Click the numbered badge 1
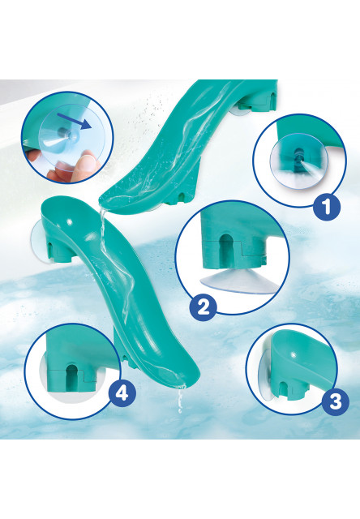click(x=327, y=207)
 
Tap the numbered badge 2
click(x=204, y=307)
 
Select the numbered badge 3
click(x=336, y=402)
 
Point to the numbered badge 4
click(x=122, y=394)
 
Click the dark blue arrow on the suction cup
click(x=74, y=121)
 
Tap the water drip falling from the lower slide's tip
click(x=180, y=401)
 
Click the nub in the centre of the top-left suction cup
click(x=63, y=132)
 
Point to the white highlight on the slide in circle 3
click(x=294, y=355)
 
